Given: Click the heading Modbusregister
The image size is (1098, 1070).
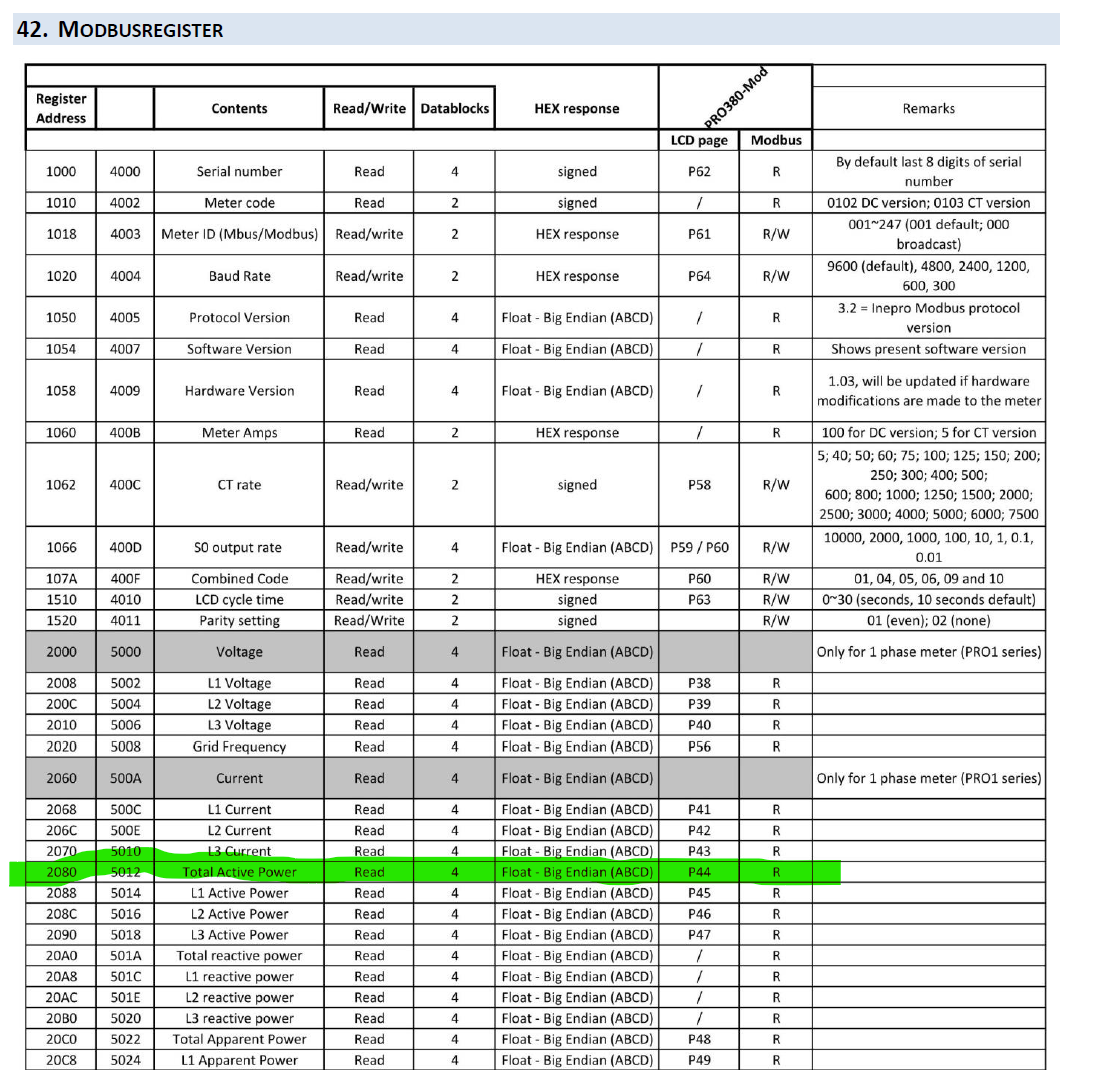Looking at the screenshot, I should pyautogui.click(x=119, y=29).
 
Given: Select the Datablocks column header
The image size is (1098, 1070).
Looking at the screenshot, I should pyautogui.click(x=454, y=108).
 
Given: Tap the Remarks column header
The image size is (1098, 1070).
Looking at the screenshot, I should pyautogui.click(x=928, y=108).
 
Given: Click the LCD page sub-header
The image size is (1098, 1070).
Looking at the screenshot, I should pyautogui.click(x=698, y=140).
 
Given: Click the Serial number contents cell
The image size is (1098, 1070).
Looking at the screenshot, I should pyautogui.click(x=239, y=171).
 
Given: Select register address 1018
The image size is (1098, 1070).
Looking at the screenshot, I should pyautogui.click(x=60, y=234).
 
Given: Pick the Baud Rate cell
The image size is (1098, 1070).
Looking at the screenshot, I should pyautogui.click(x=239, y=276).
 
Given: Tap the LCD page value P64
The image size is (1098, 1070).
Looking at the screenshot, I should pyautogui.click(x=698, y=276).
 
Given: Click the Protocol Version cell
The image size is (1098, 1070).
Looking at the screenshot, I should pyautogui.click(x=239, y=317).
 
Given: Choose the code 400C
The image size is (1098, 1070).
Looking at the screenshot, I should pyautogui.click(x=125, y=485).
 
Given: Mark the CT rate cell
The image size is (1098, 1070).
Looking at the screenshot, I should pyautogui.click(x=239, y=485).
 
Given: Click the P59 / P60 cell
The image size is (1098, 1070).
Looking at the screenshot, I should pyautogui.click(x=698, y=547).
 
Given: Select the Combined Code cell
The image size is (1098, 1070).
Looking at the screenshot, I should pyautogui.click(x=239, y=578).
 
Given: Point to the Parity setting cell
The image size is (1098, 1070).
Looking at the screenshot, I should pyautogui.click(x=239, y=620).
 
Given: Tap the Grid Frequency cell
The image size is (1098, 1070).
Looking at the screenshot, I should pyautogui.click(x=239, y=746).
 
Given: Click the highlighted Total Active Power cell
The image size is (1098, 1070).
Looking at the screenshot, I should pyautogui.click(x=239, y=872).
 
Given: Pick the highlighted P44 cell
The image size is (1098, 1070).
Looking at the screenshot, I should pyautogui.click(x=698, y=872).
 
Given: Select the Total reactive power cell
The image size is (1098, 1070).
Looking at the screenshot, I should pyautogui.click(x=239, y=955).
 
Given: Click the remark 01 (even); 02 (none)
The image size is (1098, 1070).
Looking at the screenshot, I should pyautogui.click(x=928, y=620).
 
